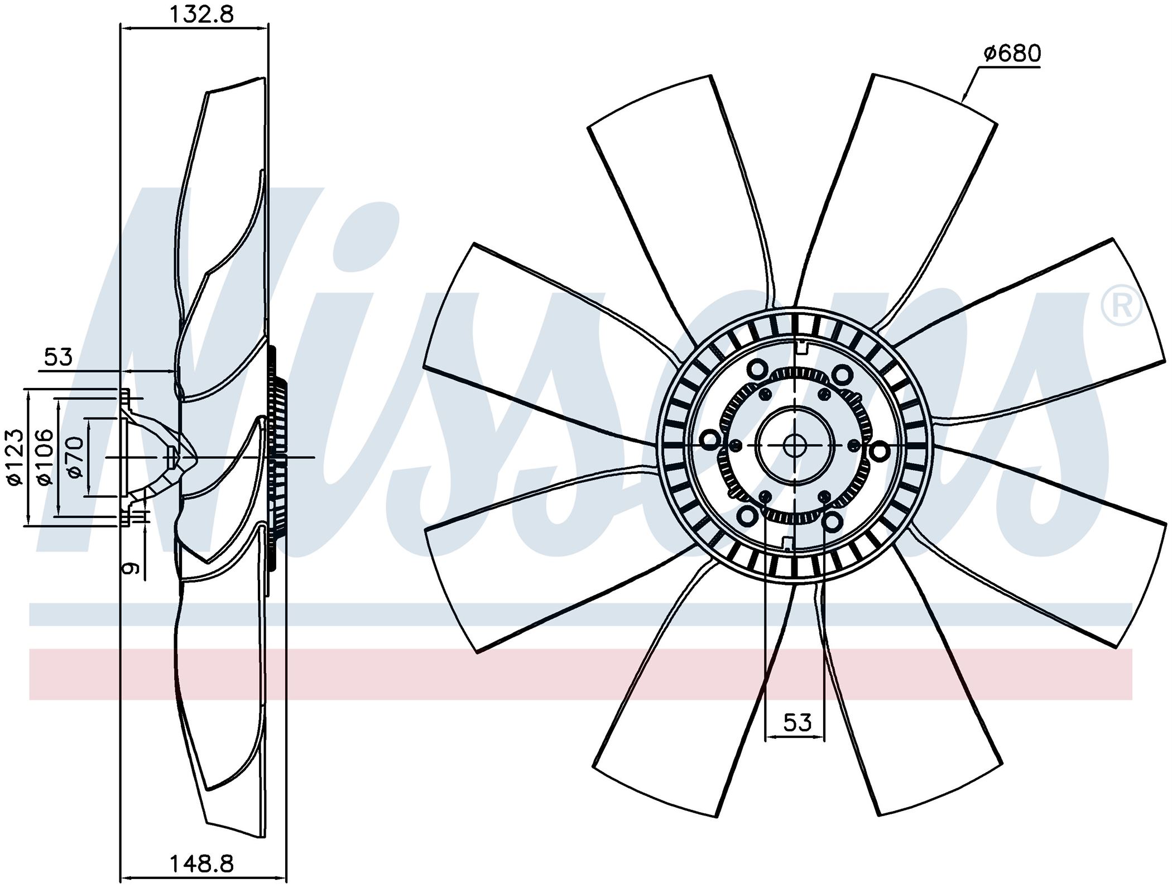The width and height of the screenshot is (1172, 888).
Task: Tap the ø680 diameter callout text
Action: tap(1012, 54)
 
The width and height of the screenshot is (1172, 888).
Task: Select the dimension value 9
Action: tap(131, 568)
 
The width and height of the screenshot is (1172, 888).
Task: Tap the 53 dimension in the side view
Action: tap(59, 357)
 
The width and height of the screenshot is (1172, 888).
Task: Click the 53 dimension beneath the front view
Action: tap(797, 722)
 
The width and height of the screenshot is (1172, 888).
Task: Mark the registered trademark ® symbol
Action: tap(1121, 305)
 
